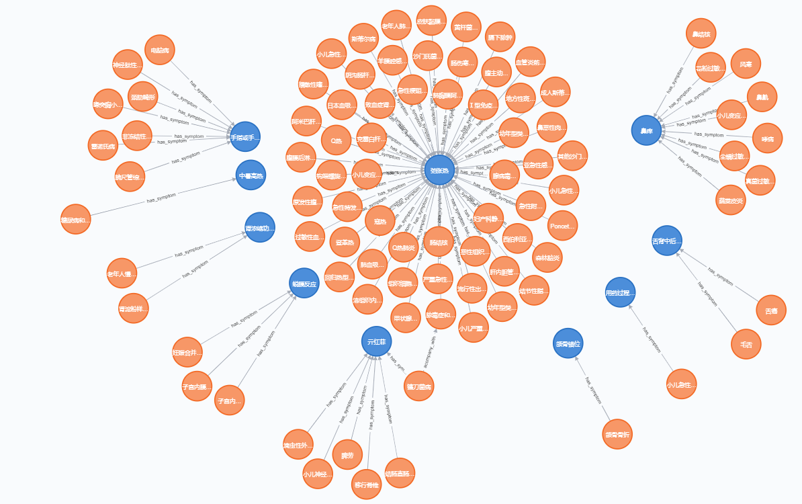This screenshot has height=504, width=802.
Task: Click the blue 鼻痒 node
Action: [646, 130]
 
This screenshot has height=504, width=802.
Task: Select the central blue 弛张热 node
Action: [439, 171]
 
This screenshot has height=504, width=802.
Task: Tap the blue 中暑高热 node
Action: [251, 175]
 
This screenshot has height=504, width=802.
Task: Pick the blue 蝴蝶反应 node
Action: [304, 284]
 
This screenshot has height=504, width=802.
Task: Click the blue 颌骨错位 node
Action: [568, 343]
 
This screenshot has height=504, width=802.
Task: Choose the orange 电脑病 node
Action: [160, 50]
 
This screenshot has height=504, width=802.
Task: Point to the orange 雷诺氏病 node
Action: [103, 145]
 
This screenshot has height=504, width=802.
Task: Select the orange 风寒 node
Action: [746, 64]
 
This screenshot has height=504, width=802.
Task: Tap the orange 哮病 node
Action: [767, 138]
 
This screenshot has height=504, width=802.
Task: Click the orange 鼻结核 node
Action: [701, 34]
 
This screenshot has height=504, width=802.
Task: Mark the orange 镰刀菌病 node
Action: [419, 386]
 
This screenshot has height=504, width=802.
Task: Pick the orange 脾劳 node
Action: [347, 455]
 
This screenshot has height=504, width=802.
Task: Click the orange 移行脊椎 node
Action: [366, 484]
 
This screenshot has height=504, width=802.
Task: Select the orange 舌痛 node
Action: [771, 310]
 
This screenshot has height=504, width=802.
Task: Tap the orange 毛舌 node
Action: [746, 344]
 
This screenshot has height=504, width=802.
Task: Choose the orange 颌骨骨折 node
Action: [617, 434]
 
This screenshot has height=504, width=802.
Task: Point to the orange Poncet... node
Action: [562, 226]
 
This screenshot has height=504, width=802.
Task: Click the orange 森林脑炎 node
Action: [547, 257]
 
